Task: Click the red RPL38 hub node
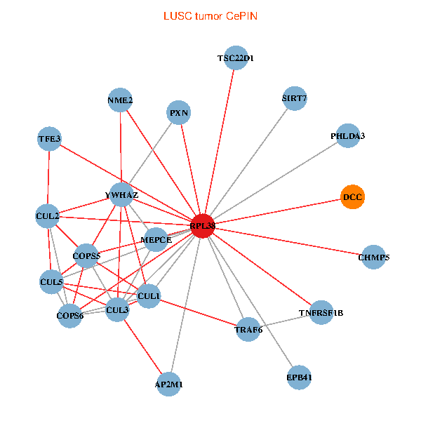click(202, 225)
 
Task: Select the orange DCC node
click(353, 196)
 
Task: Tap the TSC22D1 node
click(236, 58)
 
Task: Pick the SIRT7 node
click(294, 98)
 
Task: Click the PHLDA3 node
click(348, 135)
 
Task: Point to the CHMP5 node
click(373, 257)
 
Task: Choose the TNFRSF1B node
click(321, 312)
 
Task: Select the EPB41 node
click(299, 377)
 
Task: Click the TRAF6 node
click(248, 329)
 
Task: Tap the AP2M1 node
click(169, 385)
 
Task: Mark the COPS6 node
click(70, 316)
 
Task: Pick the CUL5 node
click(52, 283)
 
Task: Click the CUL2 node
click(47, 215)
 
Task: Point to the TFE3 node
click(49, 139)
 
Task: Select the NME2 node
click(121, 100)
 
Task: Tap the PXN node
click(180, 112)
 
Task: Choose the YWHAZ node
click(121, 194)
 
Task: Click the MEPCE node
click(156, 240)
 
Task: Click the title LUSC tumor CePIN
click(210, 15)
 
